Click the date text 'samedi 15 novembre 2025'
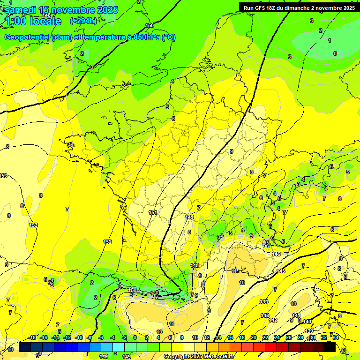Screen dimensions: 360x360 [60, 10]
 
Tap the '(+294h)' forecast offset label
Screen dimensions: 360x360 [83, 21]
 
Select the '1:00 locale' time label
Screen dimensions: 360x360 [32, 21]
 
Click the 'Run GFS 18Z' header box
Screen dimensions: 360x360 [299, 7]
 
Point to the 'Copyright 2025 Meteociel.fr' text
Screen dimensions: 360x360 [198, 357]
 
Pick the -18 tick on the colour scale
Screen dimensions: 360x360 [32, 337]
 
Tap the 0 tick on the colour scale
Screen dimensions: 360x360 [135, 337]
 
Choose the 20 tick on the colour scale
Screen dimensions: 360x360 [253, 337]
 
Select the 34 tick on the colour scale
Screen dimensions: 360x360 [336, 337]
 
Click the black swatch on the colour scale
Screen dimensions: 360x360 [330, 347]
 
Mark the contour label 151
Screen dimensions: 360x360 [153, 212]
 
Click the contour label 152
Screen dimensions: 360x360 [107, 242]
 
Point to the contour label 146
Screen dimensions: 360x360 [276, 254]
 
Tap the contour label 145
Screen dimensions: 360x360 [281, 271]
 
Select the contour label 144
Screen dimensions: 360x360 [264, 301]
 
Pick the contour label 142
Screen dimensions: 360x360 [273, 320]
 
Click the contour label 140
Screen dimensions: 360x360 [307, 322]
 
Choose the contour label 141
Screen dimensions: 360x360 [296, 315]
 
